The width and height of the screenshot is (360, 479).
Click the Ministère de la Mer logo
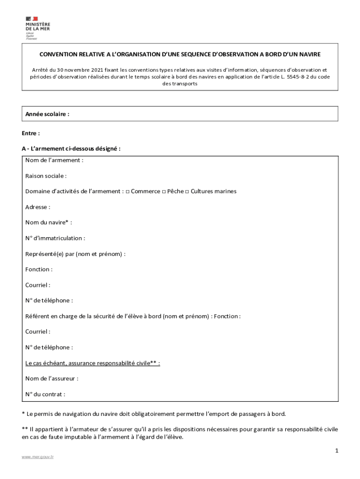[37, 28]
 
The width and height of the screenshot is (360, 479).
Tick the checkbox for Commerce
[128, 192]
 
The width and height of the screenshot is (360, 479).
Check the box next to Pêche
[164, 192]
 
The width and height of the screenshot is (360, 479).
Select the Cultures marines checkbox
[187, 192]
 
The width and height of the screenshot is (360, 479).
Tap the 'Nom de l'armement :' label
[54, 160]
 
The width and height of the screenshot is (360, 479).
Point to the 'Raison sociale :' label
[46, 176]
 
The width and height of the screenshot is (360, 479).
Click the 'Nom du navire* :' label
[49, 223]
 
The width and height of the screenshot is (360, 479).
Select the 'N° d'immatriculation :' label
[55, 238]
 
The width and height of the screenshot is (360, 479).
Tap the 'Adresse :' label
[38, 207]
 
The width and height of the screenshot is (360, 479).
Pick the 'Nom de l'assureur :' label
[52, 378]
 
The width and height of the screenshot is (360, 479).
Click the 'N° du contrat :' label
[45, 394]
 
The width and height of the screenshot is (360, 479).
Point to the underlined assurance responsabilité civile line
[93, 363]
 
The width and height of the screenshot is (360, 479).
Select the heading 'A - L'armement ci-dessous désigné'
[71, 149]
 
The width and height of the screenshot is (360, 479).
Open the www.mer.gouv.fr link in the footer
[38, 457]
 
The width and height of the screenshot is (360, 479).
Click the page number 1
[336, 450]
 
